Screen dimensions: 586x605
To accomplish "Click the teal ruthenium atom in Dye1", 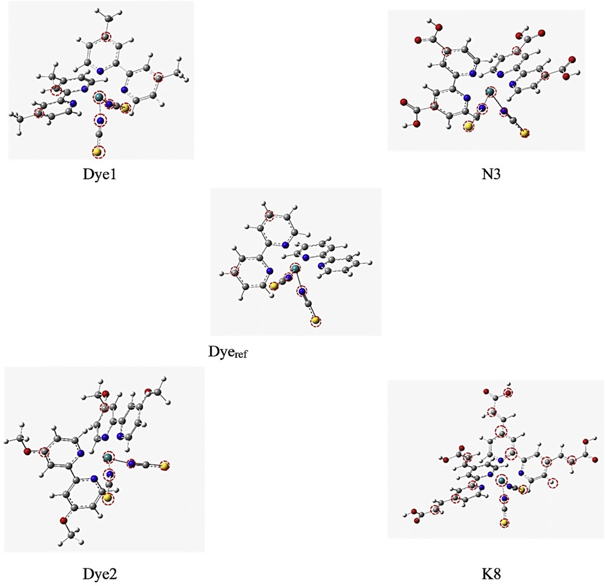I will [x=100, y=97].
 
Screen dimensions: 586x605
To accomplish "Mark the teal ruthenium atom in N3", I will [x=489, y=92].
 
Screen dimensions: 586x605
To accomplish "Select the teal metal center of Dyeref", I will [x=295, y=268].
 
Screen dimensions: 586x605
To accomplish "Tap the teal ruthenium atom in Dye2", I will [x=108, y=456].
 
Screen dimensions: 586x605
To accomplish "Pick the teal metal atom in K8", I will [x=502, y=481].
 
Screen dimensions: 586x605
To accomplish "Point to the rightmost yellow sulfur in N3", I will [x=525, y=133].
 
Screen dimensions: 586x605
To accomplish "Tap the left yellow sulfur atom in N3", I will [x=468, y=127].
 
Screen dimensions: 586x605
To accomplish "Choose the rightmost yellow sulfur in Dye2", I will [x=165, y=466].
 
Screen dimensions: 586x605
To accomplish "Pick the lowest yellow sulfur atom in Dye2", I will [x=107, y=498].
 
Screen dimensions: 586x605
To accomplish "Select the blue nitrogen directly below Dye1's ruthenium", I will [x=100, y=120].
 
